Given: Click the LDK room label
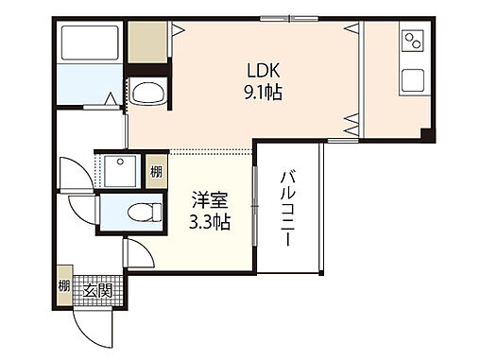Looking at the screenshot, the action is click(x=264, y=70).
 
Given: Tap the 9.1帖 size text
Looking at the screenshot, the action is click(x=264, y=93).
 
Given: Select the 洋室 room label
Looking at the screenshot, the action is click(x=210, y=200).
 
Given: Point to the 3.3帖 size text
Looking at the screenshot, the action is click(x=210, y=222).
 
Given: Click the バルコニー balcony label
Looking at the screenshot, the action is click(x=288, y=208).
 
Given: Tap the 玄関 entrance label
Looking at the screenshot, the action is click(x=97, y=290).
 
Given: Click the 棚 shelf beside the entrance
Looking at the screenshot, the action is click(x=64, y=286).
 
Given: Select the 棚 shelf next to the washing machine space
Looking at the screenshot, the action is click(x=156, y=172).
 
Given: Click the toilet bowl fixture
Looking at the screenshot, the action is click(x=146, y=212).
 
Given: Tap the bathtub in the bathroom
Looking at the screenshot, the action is click(x=90, y=43).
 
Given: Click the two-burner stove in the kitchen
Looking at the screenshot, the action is click(x=414, y=41).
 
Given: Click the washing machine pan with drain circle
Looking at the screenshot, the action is click(x=120, y=171).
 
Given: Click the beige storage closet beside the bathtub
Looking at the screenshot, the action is click(x=147, y=43).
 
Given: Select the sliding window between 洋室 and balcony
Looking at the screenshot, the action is click(x=255, y=206).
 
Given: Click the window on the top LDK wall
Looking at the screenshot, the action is click(x=289, y=19).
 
